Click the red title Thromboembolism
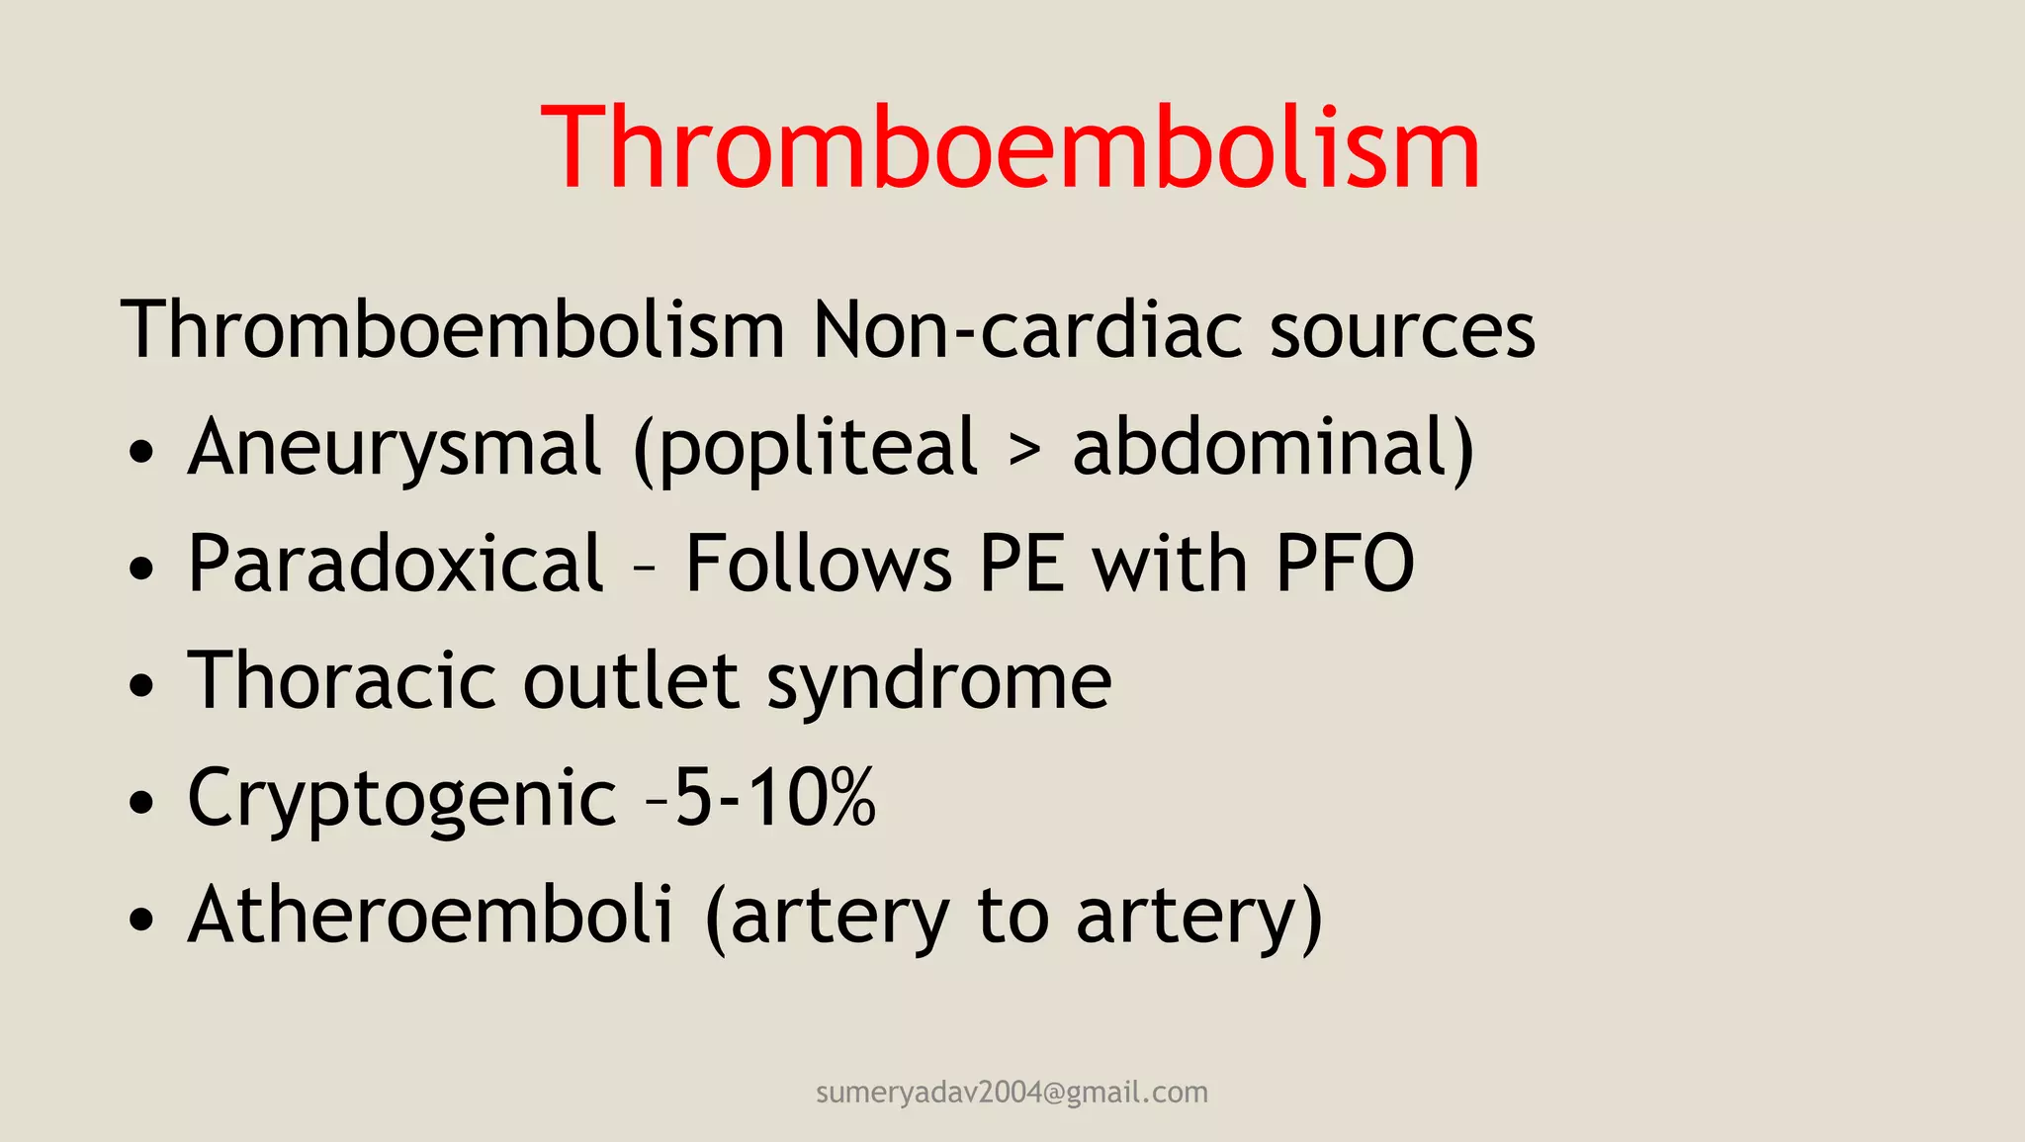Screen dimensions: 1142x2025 tap(1011, 148)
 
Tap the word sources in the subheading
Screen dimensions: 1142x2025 tap(1402, 330)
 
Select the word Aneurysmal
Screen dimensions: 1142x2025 tap(395, 447)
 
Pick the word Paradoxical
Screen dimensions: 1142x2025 tap(396, 564)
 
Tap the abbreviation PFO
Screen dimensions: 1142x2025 tap(1345, 564)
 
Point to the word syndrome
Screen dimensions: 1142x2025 tap(939, 682)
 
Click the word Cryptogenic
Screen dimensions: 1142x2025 tap(402, 799)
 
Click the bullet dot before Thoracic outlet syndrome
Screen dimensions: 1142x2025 tap(142, 685)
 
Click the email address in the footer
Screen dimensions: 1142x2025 tap(1012, 1092)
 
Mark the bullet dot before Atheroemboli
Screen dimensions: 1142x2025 tap(142, 919)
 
